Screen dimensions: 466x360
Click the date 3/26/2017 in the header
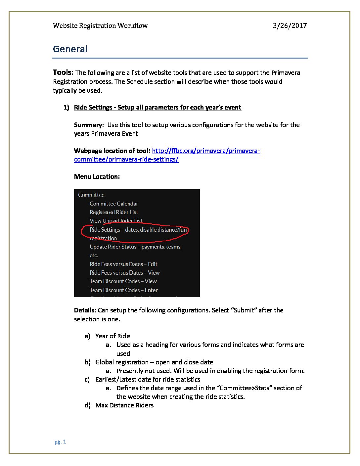[x=290, y=25]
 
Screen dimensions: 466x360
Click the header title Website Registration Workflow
[x=100, y=25]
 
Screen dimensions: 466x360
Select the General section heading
[x=70, y=49]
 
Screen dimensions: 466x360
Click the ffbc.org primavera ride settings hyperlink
[x=167, y=155]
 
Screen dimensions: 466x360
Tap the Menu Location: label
[x=97, y=176]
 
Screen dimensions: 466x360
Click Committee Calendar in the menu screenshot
[x=113, y=204]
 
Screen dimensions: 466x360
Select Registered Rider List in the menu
[x=113, y=212]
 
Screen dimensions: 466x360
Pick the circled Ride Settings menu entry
[x=138, y=230]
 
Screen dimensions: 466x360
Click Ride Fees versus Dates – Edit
[x=123, y=264]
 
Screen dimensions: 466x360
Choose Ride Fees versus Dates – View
[x=124, y=273]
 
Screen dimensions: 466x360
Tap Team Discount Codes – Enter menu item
[x=123, y=290]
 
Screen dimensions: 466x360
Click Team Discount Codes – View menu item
[x=123, y=281]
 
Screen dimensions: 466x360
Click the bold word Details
[x=85, y=310]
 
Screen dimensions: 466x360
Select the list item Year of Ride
[x=112, y=336]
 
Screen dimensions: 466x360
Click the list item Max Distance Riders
[x=124, y=405]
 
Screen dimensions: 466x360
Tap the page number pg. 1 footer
[x=60, y=442]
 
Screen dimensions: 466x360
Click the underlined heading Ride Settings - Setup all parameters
[x=157, y=107]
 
